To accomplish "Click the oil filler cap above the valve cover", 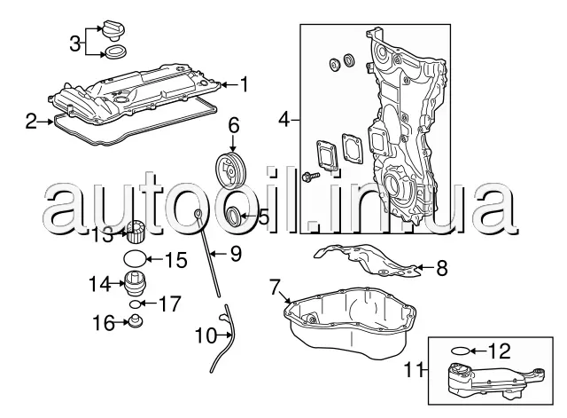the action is pyautogui.click(x=113, y=29).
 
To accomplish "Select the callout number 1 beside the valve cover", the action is pyautogui.click(x=245, y=84).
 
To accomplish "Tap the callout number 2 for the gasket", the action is pyautogui.click(x=31, y=122).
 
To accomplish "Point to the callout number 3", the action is pyautogui.click(x=74, y=43).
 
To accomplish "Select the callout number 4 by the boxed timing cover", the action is pyautogui.click(x=284, y=120).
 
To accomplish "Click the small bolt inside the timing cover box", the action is pyautogui.click(x=310, y=177).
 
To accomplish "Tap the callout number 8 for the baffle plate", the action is pyautogui.click(x=442, y=268).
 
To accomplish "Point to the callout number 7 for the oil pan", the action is pyautogui.click(x=275, y=287).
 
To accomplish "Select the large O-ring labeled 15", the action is pyautogui.click(x=135, y=258).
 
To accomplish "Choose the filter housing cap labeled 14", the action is pyautogui.click(x=136, y=282).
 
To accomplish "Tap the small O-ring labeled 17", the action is pyautogui.click(x=135, y=304).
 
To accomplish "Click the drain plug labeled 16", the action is pyautogui.click(x=136, y=321).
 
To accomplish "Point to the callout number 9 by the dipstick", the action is pyautogui.click(x=236, y=254).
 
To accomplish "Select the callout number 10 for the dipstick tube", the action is pyautogui.click(x=206, y=335).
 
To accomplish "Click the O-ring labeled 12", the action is pyautogui.click(x=461, y=351).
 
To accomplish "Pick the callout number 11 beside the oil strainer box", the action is pyautogui.click(x=413, y=370).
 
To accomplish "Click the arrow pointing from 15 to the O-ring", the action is pyautogui.click(x=155, y=259).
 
